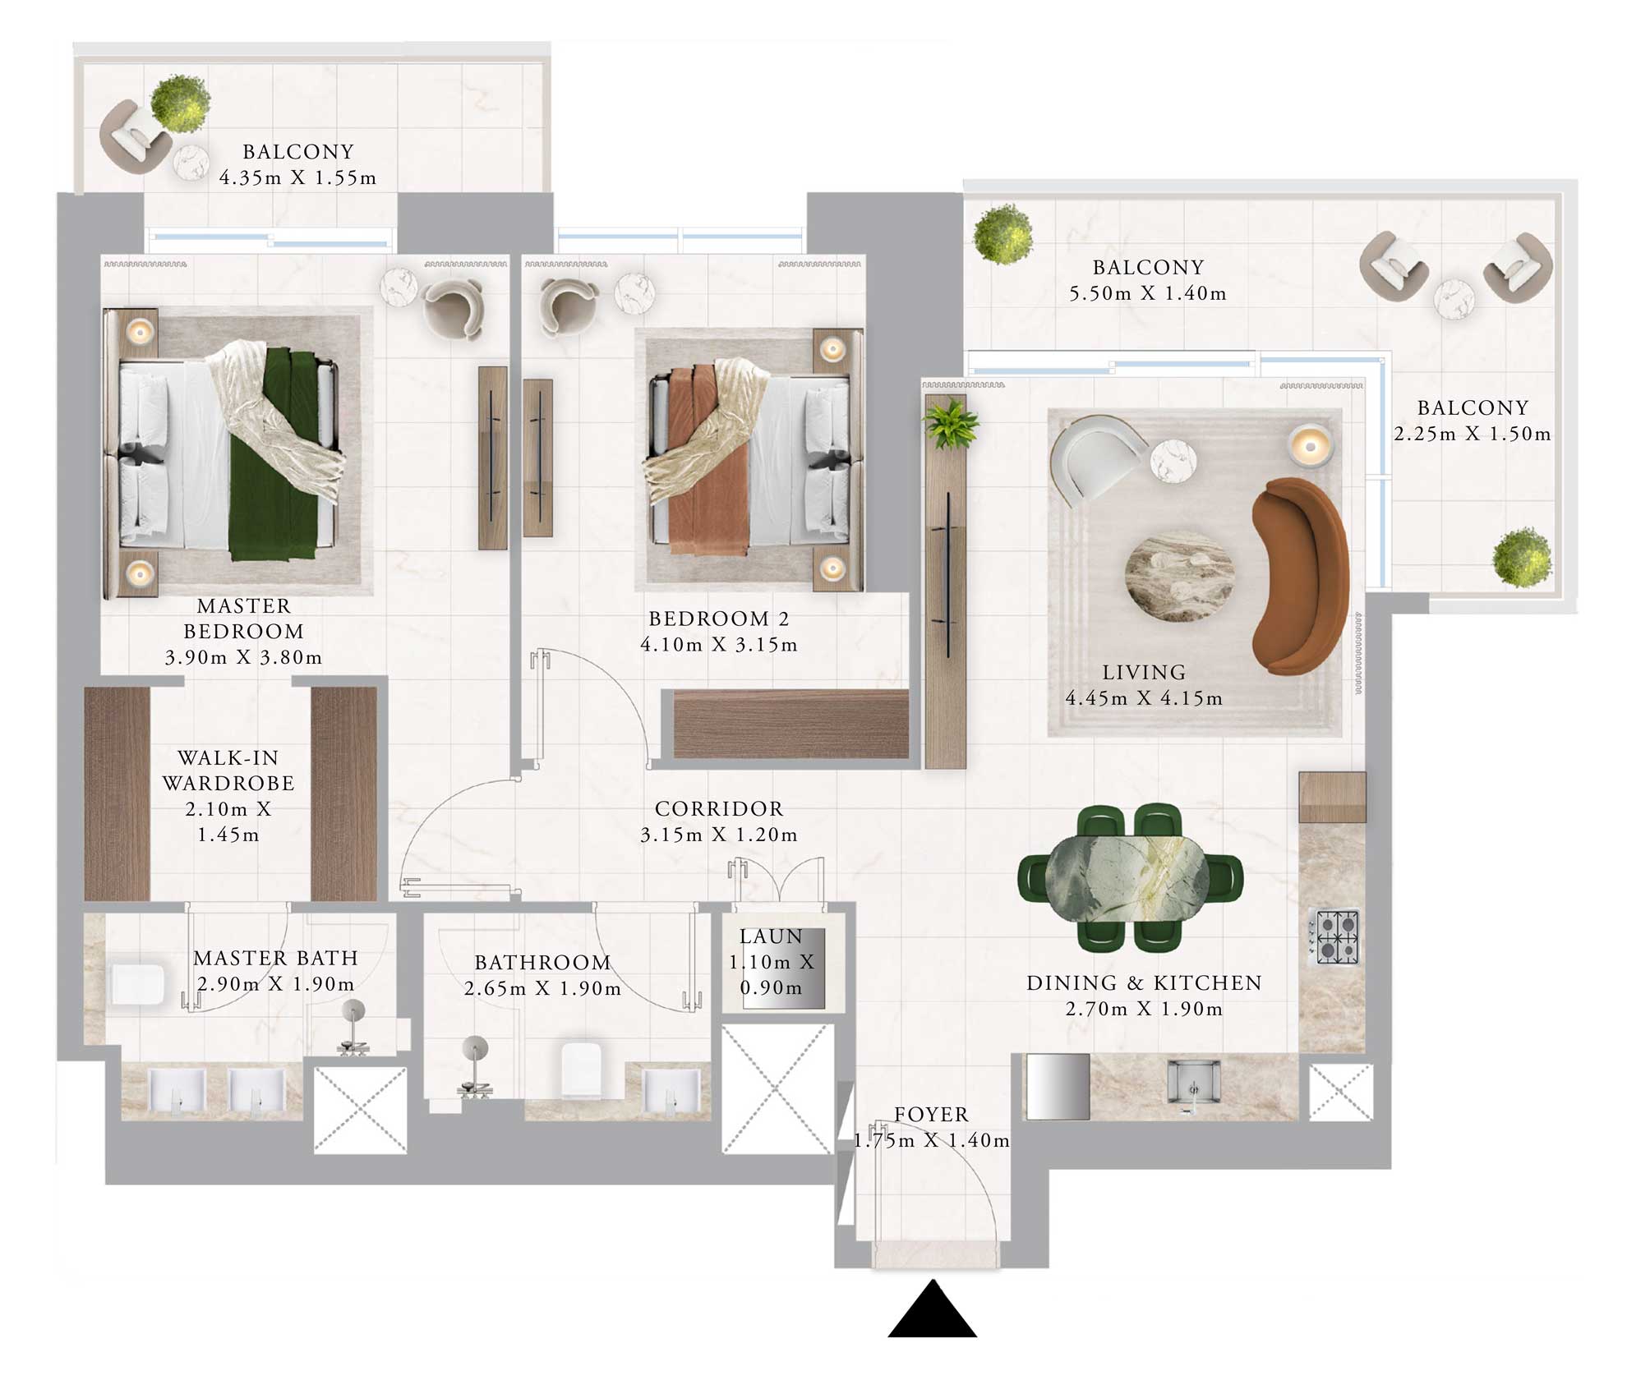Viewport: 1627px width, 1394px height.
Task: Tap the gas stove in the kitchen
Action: (1333, 936)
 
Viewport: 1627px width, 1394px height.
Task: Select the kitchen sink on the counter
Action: (1193, 1086)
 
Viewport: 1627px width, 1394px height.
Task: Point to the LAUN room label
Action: (770, 936)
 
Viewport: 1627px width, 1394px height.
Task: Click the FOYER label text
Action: (931, 1115)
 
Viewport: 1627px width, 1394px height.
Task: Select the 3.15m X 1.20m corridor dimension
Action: (718, 835)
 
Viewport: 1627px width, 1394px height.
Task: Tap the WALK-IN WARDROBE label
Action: (228, 770)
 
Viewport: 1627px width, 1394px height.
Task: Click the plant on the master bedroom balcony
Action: (180, 104)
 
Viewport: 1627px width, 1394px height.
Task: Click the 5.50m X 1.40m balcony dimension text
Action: (1147, 293)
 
